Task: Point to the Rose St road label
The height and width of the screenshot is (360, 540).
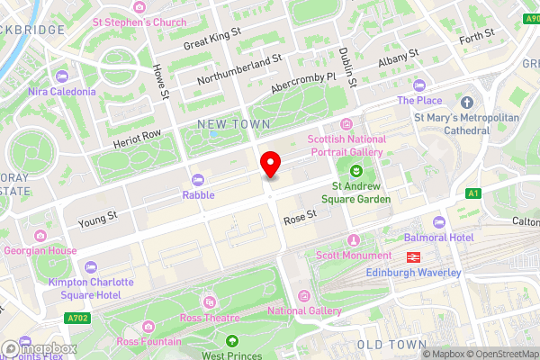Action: tap(300, 215)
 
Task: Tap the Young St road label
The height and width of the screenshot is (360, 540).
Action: tap(98, 217)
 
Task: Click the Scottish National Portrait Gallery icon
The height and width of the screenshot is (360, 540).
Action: tap(346, 125)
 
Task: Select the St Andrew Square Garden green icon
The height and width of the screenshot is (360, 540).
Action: tap(355, 171)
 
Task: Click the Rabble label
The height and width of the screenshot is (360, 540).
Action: tap(198, 194)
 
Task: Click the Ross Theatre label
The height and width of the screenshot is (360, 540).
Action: tap(210, 318)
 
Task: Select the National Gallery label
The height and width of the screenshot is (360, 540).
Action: tap(304, 311)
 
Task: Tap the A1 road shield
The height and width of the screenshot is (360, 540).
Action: tap(473, 193)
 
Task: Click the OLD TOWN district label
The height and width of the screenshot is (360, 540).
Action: tap(391, 345)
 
